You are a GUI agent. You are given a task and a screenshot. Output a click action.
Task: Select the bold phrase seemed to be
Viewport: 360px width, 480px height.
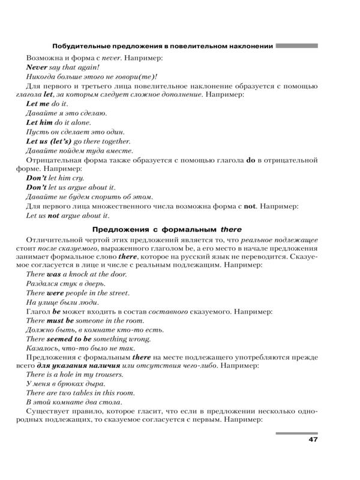(67, 339)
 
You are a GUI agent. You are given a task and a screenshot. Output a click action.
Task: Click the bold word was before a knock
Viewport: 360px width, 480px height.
(54, 274)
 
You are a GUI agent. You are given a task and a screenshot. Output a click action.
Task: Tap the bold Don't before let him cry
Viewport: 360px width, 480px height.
(38, 178)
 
